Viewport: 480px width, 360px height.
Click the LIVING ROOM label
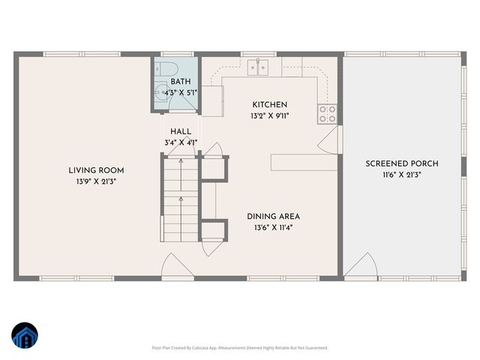[96, 170]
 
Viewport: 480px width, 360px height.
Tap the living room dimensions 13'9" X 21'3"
[96, 181]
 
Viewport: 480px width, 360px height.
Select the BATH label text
[180, 82]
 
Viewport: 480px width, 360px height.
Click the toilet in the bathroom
[166, 68]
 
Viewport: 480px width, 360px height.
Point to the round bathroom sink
[163, 93]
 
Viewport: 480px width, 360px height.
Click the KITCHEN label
[269, 105]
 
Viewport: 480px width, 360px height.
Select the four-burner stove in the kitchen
[327, 113]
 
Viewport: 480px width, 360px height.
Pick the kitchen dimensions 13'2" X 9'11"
[269, 116]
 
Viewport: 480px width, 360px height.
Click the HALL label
[180, 131]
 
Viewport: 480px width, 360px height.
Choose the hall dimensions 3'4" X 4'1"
[180, 142]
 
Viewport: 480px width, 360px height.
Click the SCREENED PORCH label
[401, 163]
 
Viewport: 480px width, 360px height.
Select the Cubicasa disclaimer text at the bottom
[240, 348]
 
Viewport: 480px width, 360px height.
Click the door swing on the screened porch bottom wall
[361, 267]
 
